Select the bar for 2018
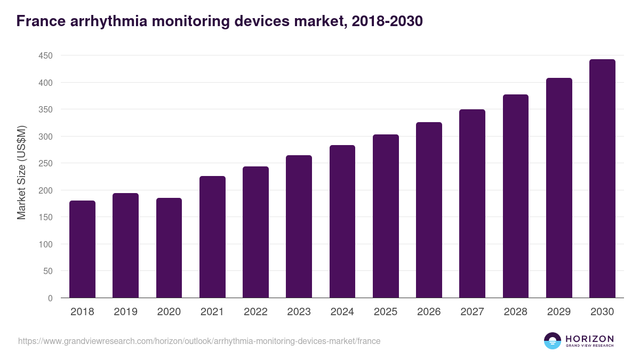82,249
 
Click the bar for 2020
169,248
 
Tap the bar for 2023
299,227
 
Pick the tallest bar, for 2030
602,179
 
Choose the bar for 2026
429,210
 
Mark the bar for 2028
515,196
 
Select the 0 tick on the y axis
50,298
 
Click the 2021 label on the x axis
212,312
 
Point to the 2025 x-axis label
386,312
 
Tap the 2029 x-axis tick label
559,312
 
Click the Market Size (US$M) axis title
21,172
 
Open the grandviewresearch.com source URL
199,341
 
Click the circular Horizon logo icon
553,341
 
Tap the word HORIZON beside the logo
589,338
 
